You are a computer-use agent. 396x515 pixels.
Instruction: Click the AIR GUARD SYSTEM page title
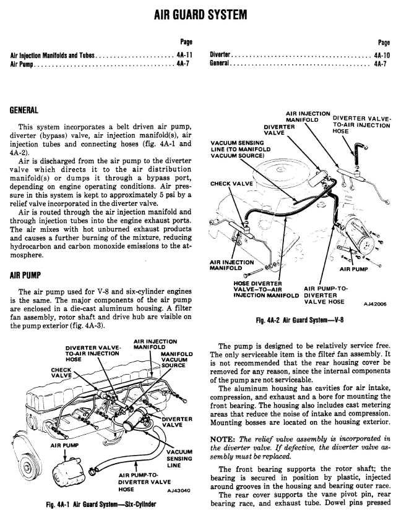coord(198,13)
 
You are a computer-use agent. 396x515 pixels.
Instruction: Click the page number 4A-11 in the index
coord(181,54)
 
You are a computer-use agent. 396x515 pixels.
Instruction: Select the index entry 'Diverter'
coord(220,54)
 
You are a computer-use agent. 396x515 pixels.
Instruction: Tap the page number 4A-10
coord(381,54)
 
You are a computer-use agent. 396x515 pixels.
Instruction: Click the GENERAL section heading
coord(24,111)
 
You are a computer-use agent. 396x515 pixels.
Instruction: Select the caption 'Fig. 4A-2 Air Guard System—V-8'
coord(299,320)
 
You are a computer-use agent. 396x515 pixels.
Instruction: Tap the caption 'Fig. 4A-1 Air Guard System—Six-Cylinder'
coord(102,503)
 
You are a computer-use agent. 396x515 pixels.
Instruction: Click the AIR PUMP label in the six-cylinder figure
coord(63,445)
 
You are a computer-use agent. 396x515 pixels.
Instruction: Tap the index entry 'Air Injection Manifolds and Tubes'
coord(52,54)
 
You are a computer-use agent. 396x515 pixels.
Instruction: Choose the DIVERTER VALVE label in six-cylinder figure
coord(177,421)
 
